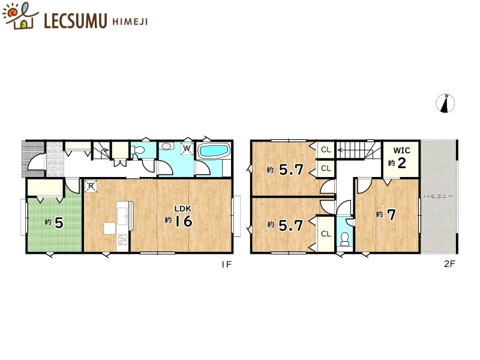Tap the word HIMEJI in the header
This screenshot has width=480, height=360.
130,22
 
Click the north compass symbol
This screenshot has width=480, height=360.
445,103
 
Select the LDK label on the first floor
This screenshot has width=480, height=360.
183,209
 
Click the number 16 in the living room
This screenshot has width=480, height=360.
184,221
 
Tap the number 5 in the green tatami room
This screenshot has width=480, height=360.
59,223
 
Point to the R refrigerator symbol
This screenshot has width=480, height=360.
91,186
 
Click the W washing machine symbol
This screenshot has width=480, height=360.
187,149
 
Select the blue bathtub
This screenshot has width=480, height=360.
214,151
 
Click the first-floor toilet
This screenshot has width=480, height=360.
138,150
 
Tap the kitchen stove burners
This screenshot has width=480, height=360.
122,239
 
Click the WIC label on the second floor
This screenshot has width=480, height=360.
401,151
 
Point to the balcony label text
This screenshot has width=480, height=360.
438,196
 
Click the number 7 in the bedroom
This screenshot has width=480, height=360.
392,215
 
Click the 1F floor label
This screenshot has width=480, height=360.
227,265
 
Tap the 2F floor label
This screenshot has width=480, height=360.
449,264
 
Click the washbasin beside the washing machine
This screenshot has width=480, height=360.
167,146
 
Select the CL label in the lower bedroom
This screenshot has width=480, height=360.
326,234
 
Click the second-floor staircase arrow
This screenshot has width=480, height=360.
350,150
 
